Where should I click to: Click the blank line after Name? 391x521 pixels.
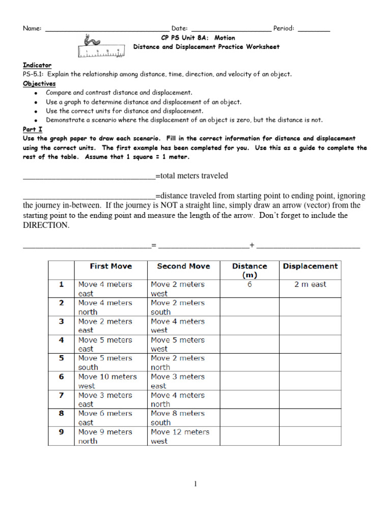tap(107, 30)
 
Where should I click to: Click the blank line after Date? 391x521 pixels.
tap(231, 30)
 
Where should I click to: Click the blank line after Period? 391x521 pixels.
tap(314, 30)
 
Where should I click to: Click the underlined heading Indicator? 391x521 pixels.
tap(37, 65)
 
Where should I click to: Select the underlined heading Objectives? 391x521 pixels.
tap(39, 83)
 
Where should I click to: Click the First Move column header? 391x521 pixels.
tap(110, 266)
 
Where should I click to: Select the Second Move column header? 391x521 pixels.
tap(183, 266)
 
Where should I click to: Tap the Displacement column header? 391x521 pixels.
tap(310, 266)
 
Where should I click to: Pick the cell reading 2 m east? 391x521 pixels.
tap(310, 284)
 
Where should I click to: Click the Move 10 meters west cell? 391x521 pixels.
tap(110, 381)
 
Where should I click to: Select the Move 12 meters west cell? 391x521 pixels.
tap(183, 436)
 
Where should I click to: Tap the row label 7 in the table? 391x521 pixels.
tap(61, 395)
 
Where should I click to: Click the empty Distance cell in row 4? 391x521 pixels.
tap(249, 344)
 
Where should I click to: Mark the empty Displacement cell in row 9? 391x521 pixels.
tap(310, 436)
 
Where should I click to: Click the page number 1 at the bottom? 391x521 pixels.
tap(195, 484)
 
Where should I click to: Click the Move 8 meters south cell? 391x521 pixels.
tap(183, 418)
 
